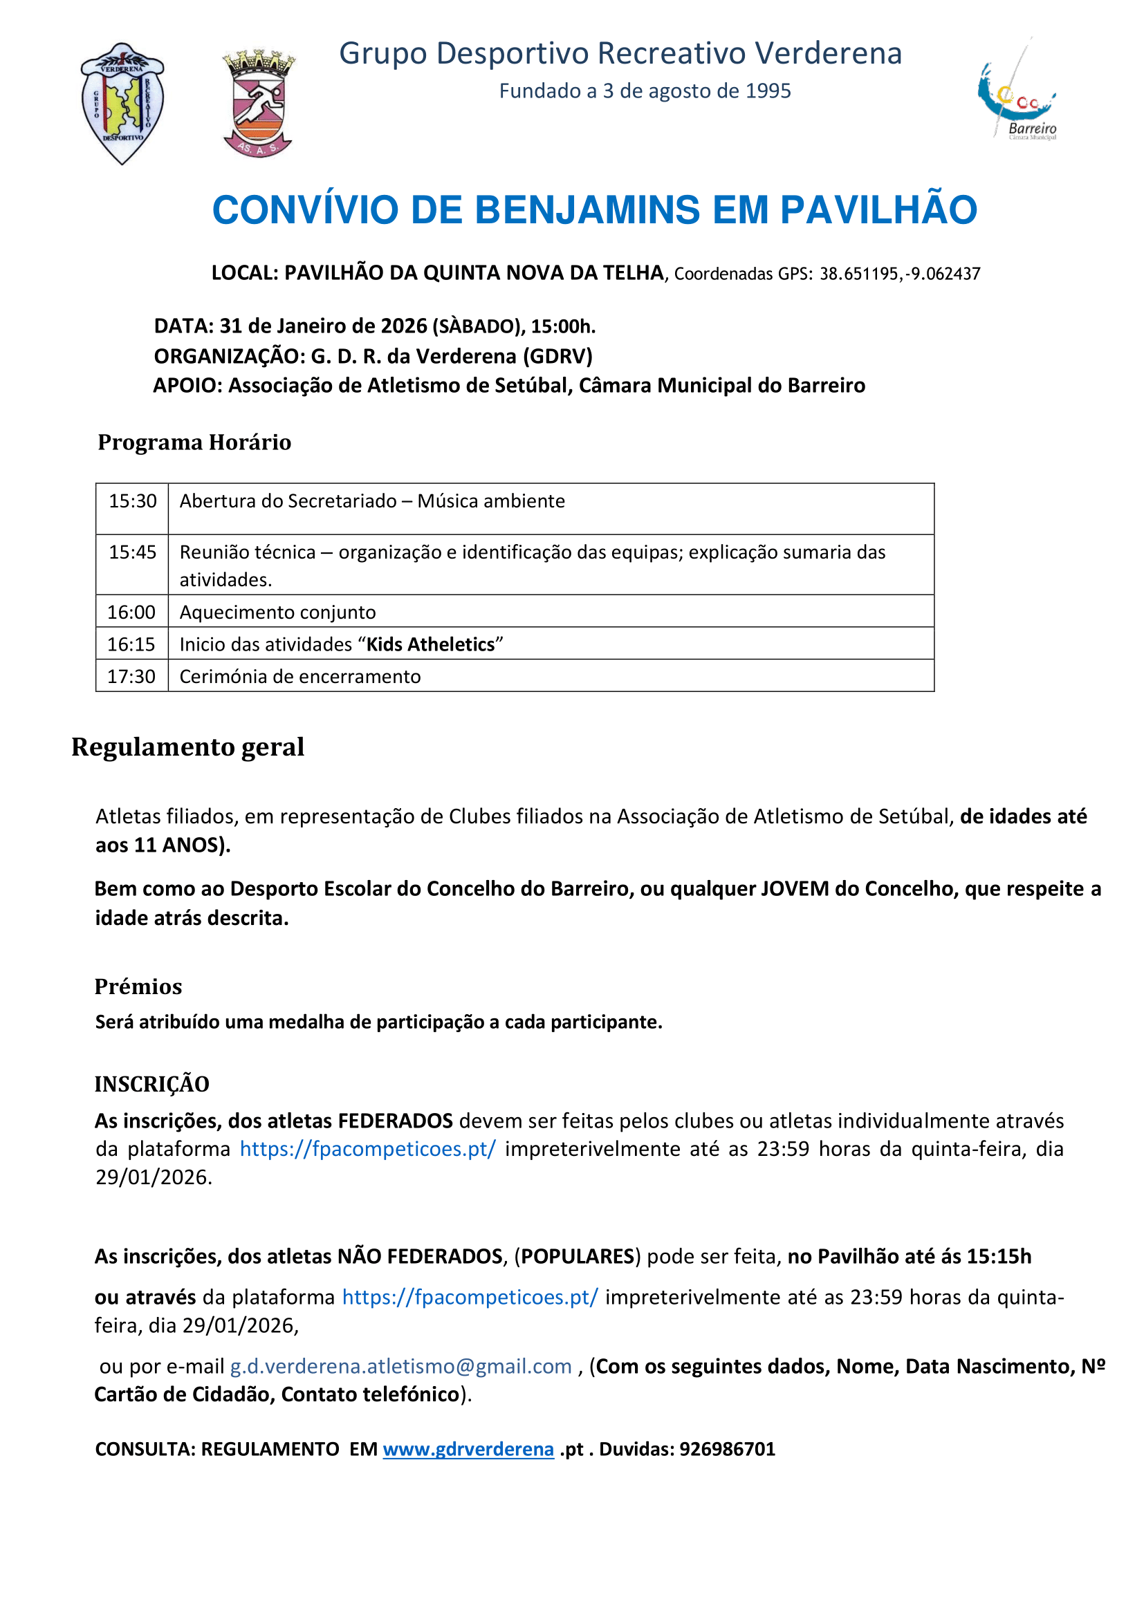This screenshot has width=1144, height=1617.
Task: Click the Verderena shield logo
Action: [122, 104]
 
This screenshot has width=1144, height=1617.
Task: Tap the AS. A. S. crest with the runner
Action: [259, 104]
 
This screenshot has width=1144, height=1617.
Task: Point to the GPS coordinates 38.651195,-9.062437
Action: [900, 274]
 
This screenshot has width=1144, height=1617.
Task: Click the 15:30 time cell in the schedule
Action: [132, 501]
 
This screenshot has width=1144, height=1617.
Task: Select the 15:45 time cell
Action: [132, 552]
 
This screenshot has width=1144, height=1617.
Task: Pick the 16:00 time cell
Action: [131, 612]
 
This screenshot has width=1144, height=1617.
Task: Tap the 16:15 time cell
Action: [131, 644]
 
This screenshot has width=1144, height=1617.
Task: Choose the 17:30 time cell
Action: [131, 677]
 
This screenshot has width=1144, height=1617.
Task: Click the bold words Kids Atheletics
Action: [430, 644]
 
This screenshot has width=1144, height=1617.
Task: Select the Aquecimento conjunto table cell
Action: [277, 612]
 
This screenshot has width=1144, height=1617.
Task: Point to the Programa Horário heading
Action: [194, 442]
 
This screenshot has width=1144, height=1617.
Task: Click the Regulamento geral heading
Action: [188, 747]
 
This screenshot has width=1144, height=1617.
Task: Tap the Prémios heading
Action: [138, 987]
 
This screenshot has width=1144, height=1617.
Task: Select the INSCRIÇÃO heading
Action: [152, 1084]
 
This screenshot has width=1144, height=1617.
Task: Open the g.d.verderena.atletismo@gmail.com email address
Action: [401, 1365]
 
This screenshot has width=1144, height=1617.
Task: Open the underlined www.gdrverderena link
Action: [468, 1449]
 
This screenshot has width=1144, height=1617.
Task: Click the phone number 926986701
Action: [727, 1449]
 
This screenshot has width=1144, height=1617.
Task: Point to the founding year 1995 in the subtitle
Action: [768, 91]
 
